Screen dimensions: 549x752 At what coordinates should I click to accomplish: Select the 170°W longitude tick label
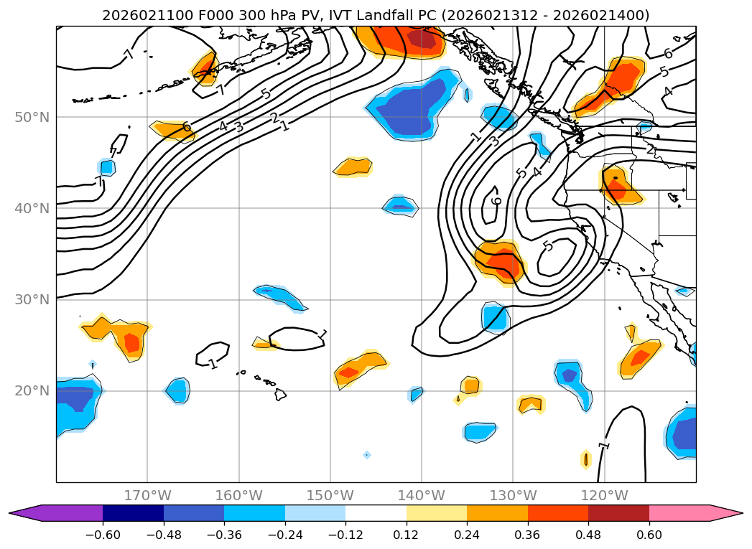tap(147, 495)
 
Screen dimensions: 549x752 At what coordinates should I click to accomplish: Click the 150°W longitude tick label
tap(330, 495)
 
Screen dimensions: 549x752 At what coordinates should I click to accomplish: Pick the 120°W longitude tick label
tap(604, 495)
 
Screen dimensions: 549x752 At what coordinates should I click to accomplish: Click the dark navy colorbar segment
tap(133, 512)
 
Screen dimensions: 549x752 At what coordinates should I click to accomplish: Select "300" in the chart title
tap(223, 15)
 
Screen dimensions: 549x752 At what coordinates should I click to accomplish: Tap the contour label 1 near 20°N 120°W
tap(604, 445)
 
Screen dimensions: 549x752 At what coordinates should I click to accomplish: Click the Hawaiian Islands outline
tap(279, 394)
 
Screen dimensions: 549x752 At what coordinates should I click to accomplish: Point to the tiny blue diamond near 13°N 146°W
tap(366, 454)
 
